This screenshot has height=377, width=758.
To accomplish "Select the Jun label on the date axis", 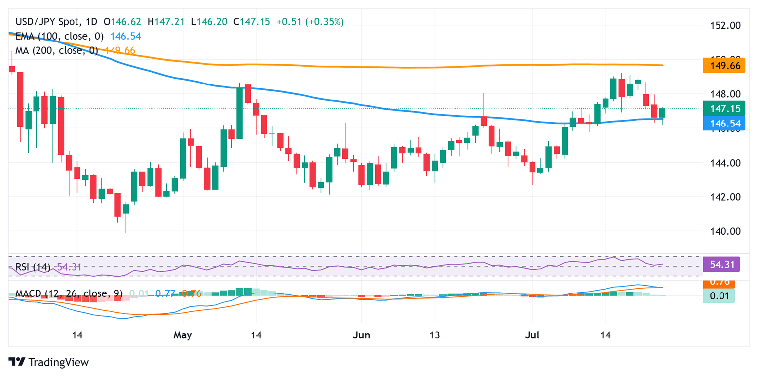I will (362, 335).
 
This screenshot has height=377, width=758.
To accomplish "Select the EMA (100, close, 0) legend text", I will (57, 36).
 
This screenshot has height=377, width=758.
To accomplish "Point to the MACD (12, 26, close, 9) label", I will (69, 293).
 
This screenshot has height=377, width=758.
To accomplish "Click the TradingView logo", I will (49, 362).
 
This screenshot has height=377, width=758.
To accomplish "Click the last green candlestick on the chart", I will (662, 113).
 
